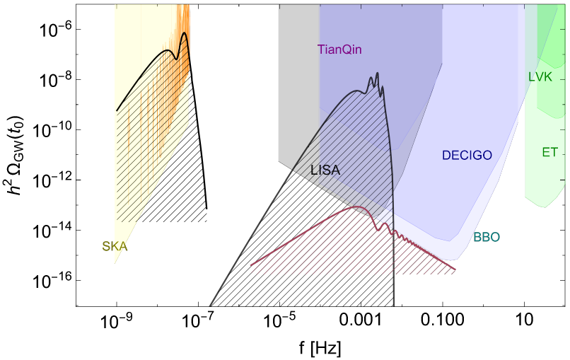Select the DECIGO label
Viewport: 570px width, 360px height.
pos(466,155)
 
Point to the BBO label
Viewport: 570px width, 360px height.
pos(487,238)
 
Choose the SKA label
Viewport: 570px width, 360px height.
pos(115,247)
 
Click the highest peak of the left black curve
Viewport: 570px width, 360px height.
pos(185,33)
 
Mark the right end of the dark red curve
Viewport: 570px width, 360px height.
pos(455,269)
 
